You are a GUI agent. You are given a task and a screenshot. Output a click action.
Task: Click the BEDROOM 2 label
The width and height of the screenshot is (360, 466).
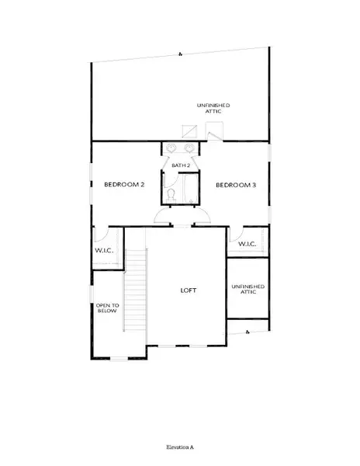pyautogui.click(x=125, y=184)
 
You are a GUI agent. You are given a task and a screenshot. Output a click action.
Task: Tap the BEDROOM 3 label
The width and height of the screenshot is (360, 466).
pyautogui.click(x=235, y=184)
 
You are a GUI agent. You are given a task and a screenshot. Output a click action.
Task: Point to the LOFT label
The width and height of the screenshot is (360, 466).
pyautogui.click(x=188, y=290)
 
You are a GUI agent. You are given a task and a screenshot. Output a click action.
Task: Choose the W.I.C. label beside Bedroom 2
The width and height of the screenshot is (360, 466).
pyautogui.click(x=105, y=250)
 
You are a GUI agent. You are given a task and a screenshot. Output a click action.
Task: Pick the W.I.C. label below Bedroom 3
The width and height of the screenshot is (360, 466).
pyautogui.click(x=247, y=244)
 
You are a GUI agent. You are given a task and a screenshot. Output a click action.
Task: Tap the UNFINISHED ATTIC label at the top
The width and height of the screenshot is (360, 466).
pyautogui.click(x=213, y=108)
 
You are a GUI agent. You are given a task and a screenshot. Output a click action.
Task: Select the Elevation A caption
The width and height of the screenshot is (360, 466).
pyautogui.click(x=180, y=448)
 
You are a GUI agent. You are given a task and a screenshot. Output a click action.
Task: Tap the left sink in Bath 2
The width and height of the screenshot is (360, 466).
pyautogui.click(x=171, y=148)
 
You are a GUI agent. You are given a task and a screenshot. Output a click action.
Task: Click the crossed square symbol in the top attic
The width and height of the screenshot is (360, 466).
pyautogui.click(x=189, y=130)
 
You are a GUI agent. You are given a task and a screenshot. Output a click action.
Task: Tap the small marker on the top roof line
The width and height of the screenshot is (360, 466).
pyautogui.click(x=180, y=54)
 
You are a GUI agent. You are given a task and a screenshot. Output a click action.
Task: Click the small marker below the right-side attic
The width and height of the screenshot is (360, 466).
pyautogui.click(x=246, y=332)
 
